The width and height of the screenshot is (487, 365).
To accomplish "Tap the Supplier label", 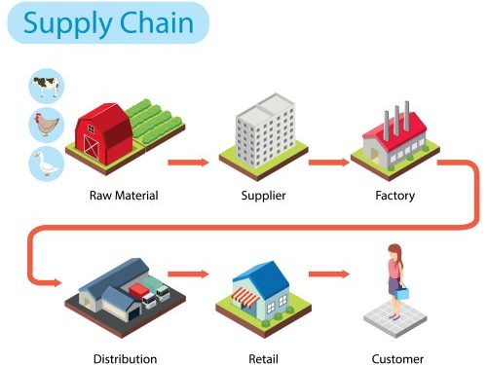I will click(263, 196).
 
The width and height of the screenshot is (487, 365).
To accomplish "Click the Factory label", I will click(394, 196).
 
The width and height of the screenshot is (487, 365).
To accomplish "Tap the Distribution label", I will click(125, 358).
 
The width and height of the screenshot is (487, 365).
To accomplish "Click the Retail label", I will click(264, 358).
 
